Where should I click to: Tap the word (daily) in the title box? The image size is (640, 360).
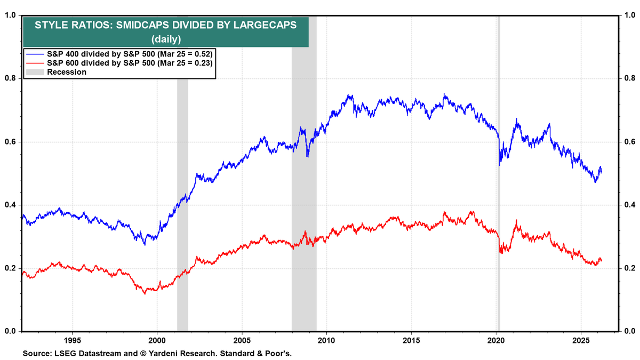tap(166, 39)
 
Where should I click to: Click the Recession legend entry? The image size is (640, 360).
tap(67, 72)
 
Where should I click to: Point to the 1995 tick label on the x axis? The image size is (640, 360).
tap(73, 340)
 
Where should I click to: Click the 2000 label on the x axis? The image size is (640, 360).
tap(157, 340)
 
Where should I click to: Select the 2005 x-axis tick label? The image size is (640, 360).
tap(242, 340)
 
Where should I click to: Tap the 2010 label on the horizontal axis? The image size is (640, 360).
tap(326, 340)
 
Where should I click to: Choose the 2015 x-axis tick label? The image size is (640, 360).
tap(411, 340)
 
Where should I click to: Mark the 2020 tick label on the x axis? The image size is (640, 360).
tap(496, 340)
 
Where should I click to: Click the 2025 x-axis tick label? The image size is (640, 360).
tap(581, 340)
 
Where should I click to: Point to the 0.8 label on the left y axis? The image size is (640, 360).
tap(10, 78)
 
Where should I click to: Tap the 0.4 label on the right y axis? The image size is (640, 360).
tap(629, 205)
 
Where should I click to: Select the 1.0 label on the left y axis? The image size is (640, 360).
tap(10, 15)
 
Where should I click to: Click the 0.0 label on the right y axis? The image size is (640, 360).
tap(629, 332)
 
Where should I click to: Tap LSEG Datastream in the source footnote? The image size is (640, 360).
tap(83, 354)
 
